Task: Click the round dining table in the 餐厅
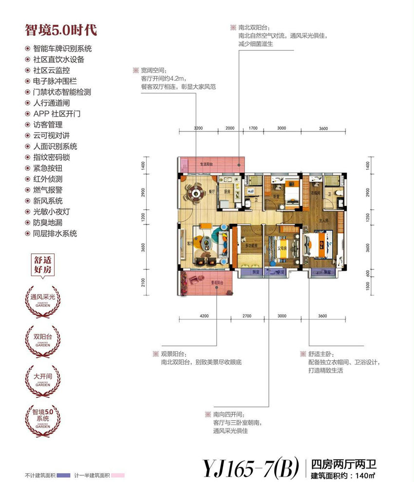pos(196,193)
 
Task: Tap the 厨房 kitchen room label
pos(227,192)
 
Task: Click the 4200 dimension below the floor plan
pos(204,316)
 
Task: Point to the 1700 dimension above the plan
pos(253,129)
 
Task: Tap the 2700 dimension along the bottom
pos(246,316)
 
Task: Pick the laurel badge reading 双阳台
pos(43,336)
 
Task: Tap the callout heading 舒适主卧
pos(319,354)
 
